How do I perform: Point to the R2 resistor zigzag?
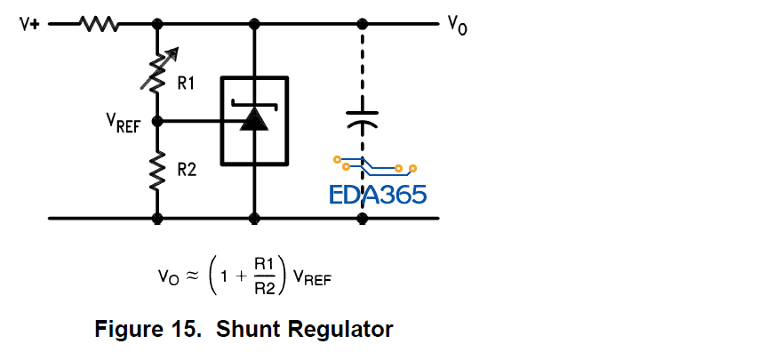click(157, 169)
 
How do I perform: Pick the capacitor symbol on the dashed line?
click(362, 118)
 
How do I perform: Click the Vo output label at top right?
click(457, 26)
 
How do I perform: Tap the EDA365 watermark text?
click(378, 194)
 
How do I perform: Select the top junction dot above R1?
click(157, 24)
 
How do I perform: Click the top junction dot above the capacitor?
click(362, 24)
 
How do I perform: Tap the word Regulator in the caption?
click(343, 329)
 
